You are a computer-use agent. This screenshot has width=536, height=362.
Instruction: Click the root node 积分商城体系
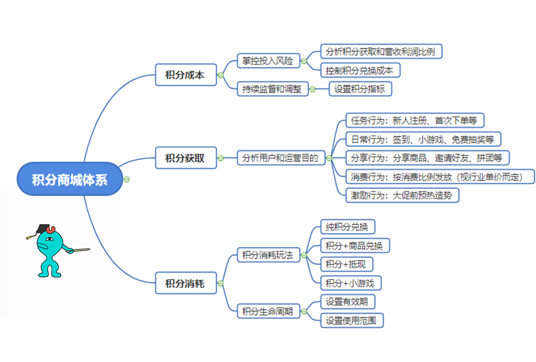[70, 179]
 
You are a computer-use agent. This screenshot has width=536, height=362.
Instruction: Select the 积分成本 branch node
[186, 75]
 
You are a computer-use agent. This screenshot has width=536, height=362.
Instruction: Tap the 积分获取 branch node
[186, 157]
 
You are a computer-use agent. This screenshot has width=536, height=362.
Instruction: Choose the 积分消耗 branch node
[186, 284]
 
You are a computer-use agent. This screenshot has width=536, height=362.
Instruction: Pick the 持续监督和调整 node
[272, 89]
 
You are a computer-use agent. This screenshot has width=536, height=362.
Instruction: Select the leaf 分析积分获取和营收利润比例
[382, 51]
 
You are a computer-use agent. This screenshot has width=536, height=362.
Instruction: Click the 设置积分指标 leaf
[360, 89]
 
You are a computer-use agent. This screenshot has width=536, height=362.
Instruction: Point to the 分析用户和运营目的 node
[281, 157]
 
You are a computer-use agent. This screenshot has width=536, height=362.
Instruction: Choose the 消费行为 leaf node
[440, 176]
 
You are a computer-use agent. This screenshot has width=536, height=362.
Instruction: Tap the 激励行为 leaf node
[402, 195]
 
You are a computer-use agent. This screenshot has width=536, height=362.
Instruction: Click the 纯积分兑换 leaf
[348, 227]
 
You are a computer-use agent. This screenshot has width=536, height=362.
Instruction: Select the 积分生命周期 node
[267, 312]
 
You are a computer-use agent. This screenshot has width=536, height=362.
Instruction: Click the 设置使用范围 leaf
[352, 320]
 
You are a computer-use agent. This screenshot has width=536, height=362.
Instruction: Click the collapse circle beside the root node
[126, 179]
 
